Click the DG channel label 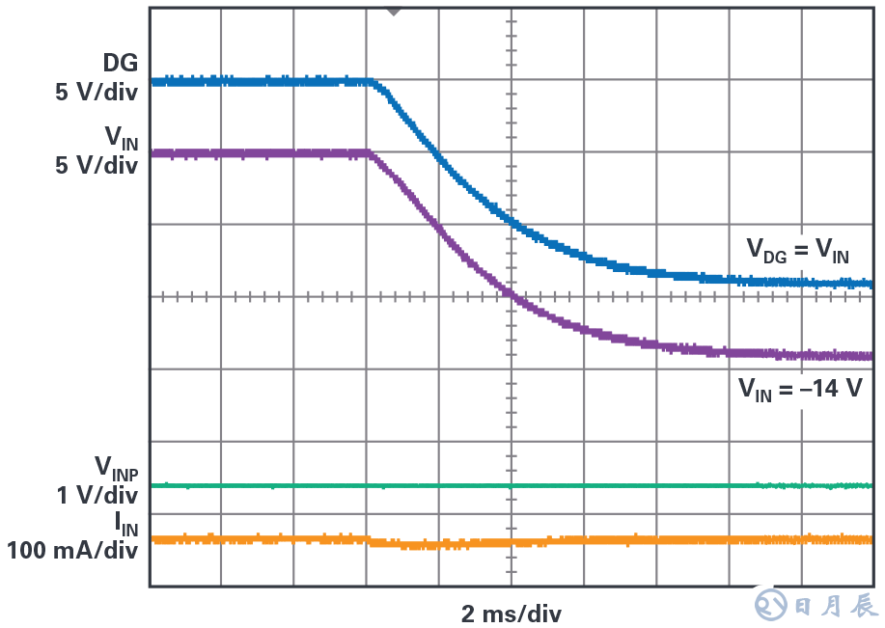[x=121, y=64]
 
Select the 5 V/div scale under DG [x=97, y=94]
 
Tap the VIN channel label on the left [x=121, y=138]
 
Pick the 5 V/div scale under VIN [x=97, y=166]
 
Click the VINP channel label [x=116, y=469]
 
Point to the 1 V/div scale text [x=97, y=496]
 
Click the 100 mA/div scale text [x=72, y=552]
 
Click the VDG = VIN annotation [x=798, y=251]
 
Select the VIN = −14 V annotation [x=800, y=390]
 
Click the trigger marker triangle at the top [x=393, y=11]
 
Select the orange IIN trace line [x=627, y=539]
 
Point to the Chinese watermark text [x=836, y=606]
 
